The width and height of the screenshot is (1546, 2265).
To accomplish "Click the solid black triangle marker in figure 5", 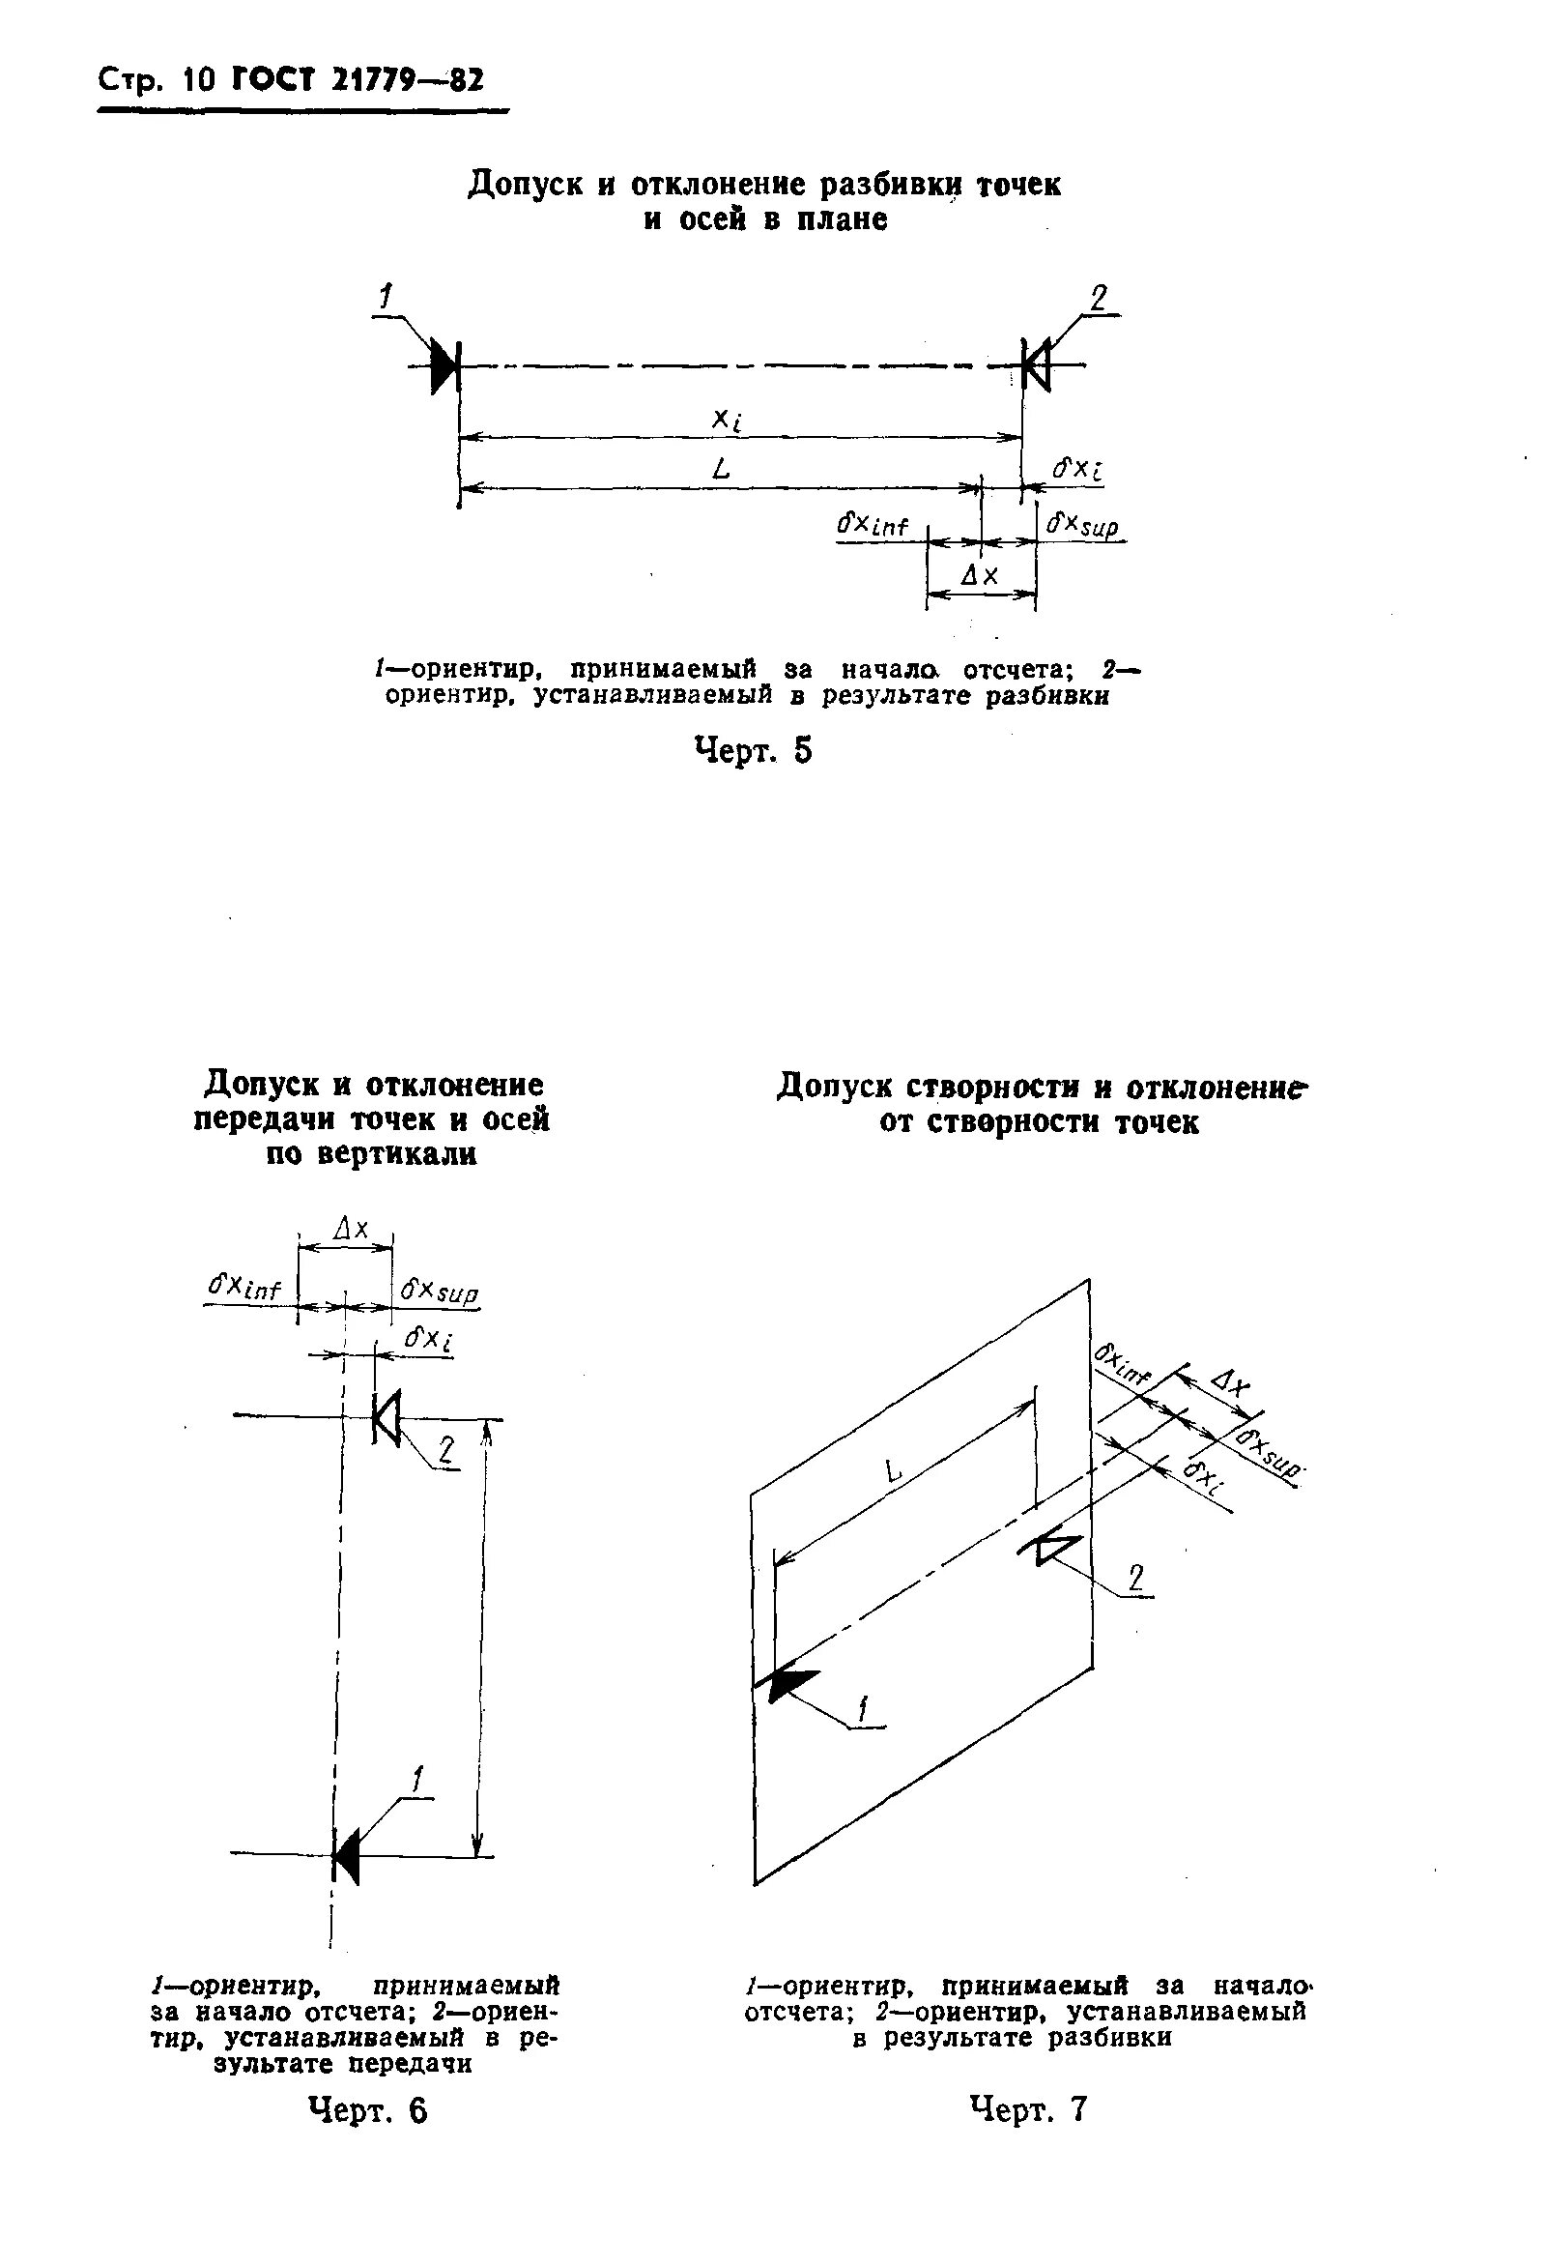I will point(445,366).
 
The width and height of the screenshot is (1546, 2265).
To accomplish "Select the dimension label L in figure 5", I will point(721,470).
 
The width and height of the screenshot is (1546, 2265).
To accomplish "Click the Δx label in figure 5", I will point(979,576).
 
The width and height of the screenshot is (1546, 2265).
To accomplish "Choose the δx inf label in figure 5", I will point(873,526).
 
